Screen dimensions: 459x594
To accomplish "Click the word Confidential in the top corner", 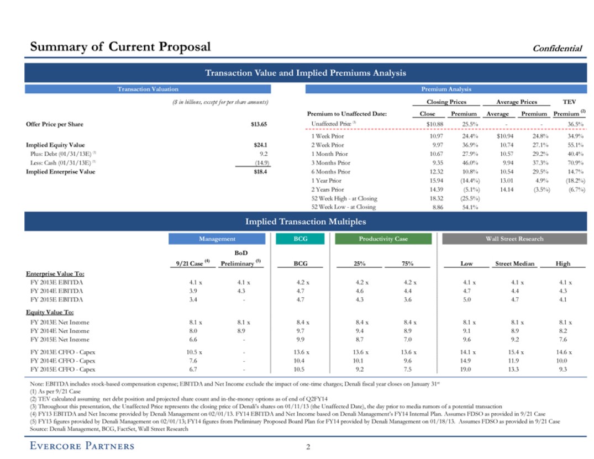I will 557,48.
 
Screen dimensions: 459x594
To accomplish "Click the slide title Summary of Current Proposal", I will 120,46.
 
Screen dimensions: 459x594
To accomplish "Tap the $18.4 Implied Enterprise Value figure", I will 260,172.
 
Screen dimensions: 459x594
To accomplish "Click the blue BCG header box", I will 301,239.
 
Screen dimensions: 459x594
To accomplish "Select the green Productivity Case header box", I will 383,239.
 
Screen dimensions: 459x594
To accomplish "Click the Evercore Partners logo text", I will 82,446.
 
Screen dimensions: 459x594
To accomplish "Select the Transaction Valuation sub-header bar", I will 148,89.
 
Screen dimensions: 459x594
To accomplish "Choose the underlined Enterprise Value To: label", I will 55,273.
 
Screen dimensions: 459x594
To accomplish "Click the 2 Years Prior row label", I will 328,189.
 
